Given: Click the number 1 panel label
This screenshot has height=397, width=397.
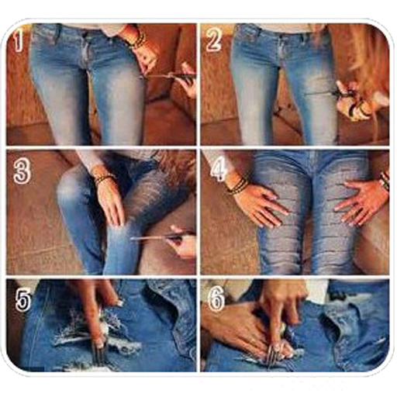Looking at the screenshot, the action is (18, 41).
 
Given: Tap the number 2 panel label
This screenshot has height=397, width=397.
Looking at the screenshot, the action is (213, 40).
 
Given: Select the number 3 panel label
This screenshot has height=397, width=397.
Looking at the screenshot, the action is (22, 171).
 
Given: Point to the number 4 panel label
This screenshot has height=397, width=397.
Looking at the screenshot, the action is (219, 171).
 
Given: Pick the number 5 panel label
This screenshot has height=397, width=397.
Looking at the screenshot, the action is (23, 300).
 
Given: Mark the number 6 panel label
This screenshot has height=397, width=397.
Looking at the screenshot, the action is (216, 299).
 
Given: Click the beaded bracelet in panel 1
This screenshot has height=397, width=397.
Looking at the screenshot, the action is (137, 41).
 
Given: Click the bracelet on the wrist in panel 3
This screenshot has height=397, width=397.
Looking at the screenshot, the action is (105, 178).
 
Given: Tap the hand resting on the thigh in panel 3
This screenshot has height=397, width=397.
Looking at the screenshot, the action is (111, 202).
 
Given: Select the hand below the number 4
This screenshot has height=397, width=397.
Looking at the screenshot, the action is (261, 204).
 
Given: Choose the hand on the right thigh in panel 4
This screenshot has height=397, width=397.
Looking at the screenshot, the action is (362, 202).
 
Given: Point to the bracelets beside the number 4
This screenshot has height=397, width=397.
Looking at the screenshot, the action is (236, 185).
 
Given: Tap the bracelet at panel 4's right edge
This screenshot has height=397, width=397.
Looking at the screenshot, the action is (385, 180).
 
